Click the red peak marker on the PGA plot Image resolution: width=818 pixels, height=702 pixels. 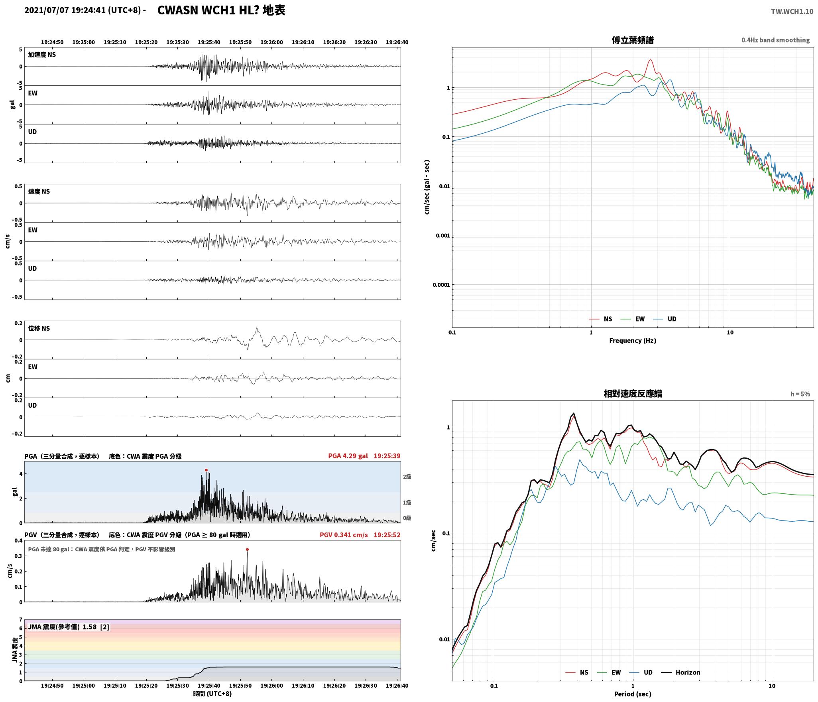point(206,470)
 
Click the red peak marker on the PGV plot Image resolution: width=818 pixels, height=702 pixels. point(247,549)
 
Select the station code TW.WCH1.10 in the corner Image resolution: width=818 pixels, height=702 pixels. point(792,12)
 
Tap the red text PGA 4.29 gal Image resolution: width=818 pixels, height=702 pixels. point(348,456)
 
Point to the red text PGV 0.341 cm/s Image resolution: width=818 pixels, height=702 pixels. point(344,535)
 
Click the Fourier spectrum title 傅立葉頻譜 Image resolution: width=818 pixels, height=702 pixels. point(633,40)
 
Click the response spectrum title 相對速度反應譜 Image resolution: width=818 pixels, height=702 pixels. point(633,394)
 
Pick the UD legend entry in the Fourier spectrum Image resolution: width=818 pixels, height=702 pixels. point(672,319)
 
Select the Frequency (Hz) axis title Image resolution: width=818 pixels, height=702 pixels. point(633,341)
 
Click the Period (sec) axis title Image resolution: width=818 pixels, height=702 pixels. point(633,694)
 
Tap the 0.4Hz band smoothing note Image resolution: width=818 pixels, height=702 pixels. point(775,40)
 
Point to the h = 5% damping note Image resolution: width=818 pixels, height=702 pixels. point(800,394)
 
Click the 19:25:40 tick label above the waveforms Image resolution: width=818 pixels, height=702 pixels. point(209,42)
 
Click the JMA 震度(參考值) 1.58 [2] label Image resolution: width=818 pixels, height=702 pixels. point(69,627)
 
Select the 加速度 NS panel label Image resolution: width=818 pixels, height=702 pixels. point(42,55)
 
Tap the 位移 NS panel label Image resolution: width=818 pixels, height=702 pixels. point(39,328)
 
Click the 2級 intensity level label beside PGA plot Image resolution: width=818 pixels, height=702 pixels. point(407,477)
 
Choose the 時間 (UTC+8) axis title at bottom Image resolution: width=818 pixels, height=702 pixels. point(212,694)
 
